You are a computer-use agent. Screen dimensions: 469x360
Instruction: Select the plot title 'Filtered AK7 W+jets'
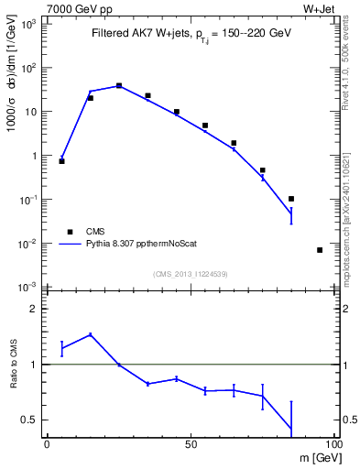click(x=136, y=34)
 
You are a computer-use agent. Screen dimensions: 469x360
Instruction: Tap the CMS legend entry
click(x=96, y=232)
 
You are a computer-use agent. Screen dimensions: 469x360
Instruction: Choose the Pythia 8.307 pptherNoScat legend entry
click(x=145, y=245)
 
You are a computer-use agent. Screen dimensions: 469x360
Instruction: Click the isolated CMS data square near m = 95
click(x=320, y=250)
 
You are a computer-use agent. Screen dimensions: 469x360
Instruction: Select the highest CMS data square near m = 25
click(x=119, y=85)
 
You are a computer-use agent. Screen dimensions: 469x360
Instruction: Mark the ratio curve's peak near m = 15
click(x=90, y=334)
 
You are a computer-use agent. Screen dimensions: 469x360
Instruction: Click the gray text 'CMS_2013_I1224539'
click(x=190, y=273)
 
